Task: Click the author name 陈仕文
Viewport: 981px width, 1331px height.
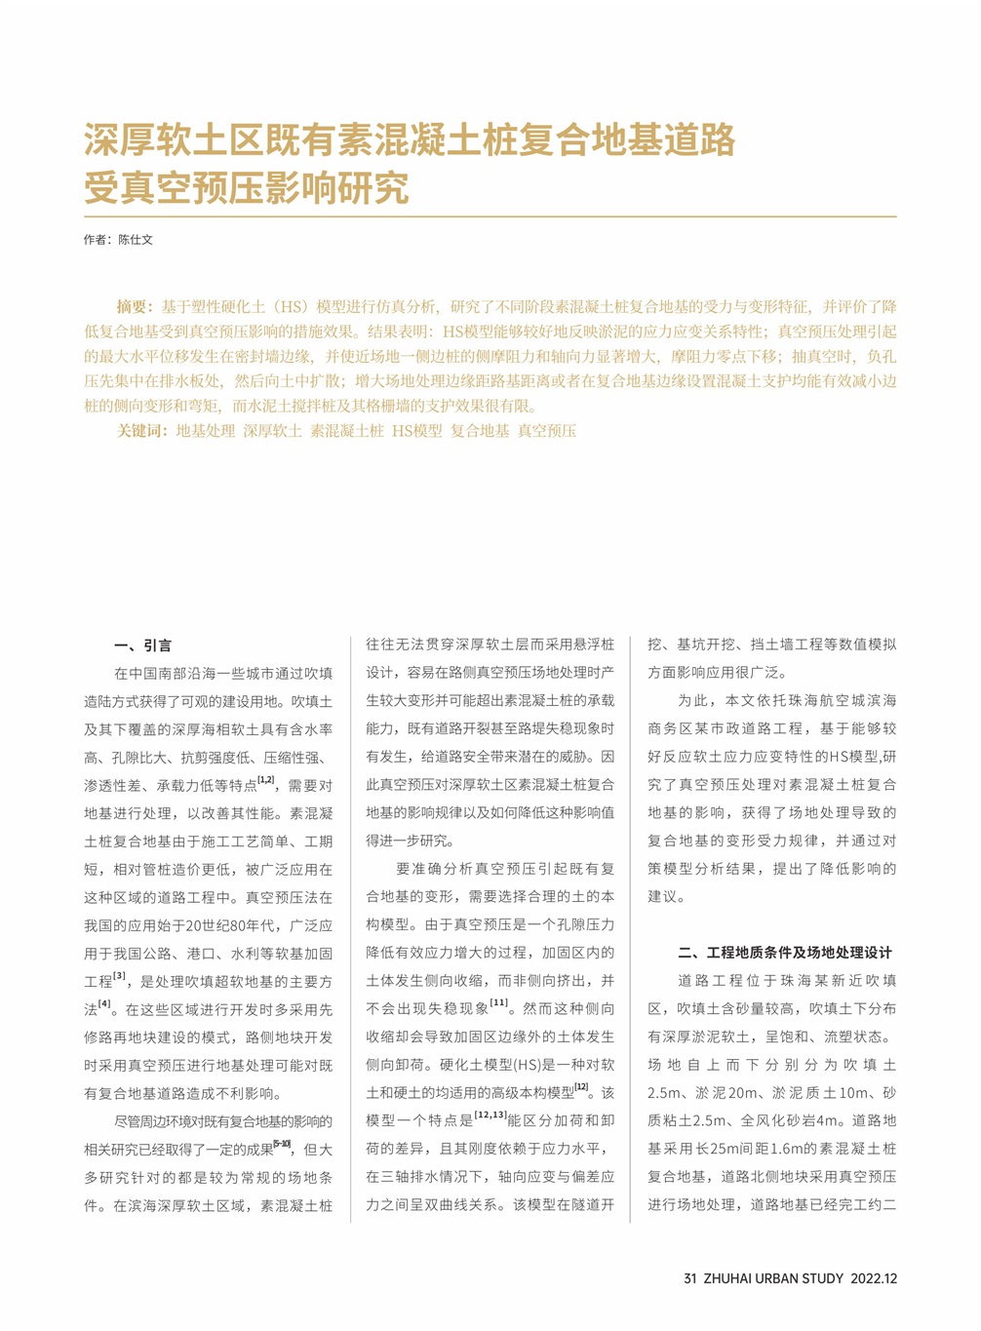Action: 136,240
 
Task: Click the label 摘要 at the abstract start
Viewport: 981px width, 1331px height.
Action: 134,306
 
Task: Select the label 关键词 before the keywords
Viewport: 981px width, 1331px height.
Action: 140,430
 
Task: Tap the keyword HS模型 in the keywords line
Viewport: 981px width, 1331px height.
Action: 417,430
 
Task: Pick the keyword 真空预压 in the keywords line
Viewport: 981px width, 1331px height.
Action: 547,430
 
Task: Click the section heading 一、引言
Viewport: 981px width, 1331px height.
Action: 142,646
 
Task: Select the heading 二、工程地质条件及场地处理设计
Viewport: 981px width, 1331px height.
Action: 785,953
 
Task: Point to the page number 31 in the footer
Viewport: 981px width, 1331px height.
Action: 690,1278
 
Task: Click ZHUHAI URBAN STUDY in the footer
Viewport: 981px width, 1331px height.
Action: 773,1278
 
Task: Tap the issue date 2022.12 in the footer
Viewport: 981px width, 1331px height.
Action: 874,1278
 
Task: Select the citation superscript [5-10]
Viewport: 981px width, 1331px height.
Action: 282,1143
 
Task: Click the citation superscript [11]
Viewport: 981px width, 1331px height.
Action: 499,1002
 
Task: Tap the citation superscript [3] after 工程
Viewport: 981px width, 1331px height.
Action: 120,975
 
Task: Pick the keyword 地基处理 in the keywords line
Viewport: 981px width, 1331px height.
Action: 206,430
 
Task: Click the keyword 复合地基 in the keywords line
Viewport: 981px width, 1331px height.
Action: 480,430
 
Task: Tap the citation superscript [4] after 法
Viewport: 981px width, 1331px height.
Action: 104,1003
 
